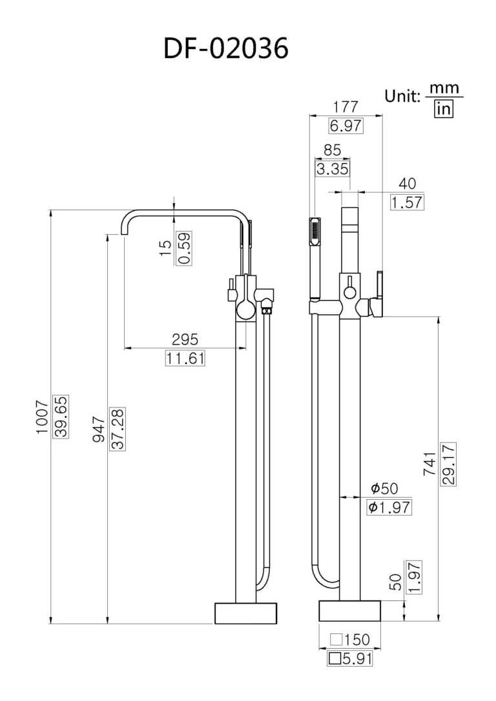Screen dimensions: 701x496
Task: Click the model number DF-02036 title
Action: (225, 48)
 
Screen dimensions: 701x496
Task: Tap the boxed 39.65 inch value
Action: (61, 417)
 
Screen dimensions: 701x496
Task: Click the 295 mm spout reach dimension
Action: (185, 339)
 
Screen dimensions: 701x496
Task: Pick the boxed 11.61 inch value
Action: (185, 358)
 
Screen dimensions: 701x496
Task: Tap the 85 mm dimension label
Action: (332, 150)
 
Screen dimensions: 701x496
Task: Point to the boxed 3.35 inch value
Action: (332, 169)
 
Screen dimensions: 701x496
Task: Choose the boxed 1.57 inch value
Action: (407, 202)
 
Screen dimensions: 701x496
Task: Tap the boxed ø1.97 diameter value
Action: (388, 507)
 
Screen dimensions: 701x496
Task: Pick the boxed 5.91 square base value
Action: (349, 658)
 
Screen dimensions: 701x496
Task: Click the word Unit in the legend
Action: (402, 95)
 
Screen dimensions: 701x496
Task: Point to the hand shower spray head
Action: (315, 232)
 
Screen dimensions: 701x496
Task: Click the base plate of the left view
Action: (245, 613)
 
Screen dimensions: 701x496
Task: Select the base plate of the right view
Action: (349, 611)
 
